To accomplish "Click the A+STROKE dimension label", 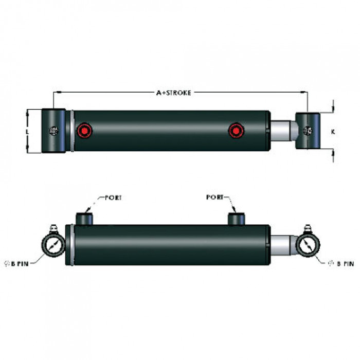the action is pos(174,93).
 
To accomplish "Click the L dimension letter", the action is pos(27,132).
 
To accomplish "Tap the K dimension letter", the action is pos(333,132).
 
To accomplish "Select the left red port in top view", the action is pos(84,131).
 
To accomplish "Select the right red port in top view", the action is pos(236,131).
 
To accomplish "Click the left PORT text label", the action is pos(113,197).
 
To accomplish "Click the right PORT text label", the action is pos(214,197).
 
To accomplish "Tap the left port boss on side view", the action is pos(84,219).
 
